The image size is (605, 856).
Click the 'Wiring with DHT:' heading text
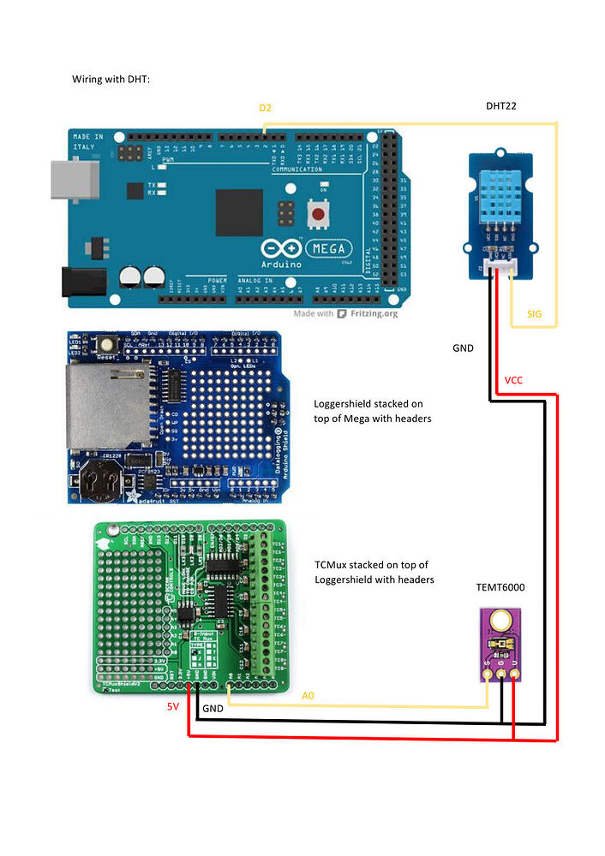111,79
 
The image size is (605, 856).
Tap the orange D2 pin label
265,108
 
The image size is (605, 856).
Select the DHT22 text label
500,105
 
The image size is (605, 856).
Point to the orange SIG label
534,314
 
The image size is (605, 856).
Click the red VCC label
514,379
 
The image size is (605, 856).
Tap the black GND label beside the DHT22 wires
463,348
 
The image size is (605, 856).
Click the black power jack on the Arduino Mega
82,282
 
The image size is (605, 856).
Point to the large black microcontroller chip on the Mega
239,212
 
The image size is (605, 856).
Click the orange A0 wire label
309,696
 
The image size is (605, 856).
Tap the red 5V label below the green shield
173,707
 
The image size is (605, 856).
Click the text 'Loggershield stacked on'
368,403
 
